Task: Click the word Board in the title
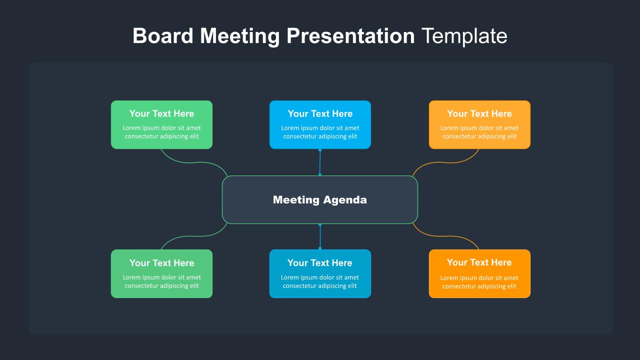(163, 35)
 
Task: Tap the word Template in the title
(464, 36)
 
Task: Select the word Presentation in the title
(350, 35)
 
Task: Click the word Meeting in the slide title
(239, 36)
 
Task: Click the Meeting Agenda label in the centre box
(319, 199)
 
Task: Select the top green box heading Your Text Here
(161, 113)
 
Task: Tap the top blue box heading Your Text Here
(320, 113)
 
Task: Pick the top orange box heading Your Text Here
(479, 113)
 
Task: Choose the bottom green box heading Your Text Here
(161, 263)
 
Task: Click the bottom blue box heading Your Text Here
(319, 263)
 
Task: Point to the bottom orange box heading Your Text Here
(479, 262)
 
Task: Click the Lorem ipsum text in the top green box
(161, 132)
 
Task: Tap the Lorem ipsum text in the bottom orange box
(479, 282)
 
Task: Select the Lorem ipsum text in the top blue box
(320, 132)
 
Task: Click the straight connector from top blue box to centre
(320, 162)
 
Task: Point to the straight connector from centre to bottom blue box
(320, 236)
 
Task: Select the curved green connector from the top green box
(194, 162)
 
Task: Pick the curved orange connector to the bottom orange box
(445, 236)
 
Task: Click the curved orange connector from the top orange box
(445, 162)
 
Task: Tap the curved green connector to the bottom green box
(194, 236)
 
